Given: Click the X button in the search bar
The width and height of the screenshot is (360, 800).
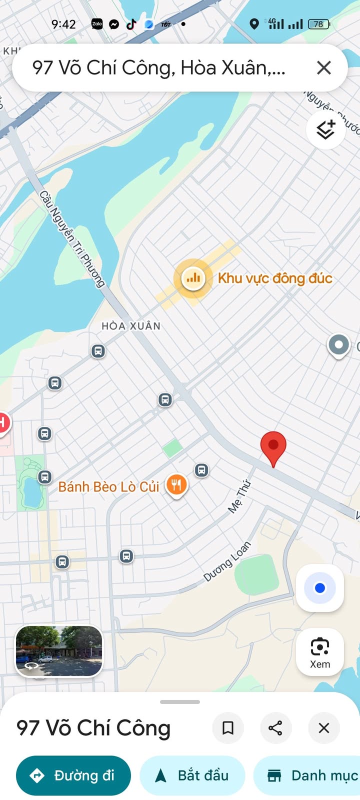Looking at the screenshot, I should [x=324, y=67].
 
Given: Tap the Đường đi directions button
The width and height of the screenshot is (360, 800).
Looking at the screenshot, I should [x=73, y=775].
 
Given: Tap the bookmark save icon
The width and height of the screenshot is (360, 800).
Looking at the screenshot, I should [x=228, y=728].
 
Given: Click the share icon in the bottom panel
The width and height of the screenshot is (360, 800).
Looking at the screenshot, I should [x=275, y=728].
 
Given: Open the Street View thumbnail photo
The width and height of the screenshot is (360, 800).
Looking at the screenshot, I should [x=59, y=651].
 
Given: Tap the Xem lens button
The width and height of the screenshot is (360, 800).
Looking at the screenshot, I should [x=320, y=652].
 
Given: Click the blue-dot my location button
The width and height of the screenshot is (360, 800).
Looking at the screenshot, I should [x=320, y=588].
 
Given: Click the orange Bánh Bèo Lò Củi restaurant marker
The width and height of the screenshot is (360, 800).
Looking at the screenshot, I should [x=176, y=484].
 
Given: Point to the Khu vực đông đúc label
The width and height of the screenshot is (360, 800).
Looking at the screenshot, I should [x=275, y=278].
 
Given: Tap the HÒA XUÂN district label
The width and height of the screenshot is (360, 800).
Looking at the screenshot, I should [x=131, y=326].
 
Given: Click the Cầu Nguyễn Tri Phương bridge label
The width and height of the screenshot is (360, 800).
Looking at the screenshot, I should [x=72, y=239].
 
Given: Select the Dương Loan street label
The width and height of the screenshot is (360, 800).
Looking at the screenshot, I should [x=227, y=562].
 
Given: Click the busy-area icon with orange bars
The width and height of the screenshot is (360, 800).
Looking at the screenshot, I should [x=193, y=277].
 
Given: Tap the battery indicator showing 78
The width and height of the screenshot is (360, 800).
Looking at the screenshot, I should [x=318, y=24].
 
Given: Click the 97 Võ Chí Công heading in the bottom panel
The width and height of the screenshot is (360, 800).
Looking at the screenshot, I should [x=93, y=728].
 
